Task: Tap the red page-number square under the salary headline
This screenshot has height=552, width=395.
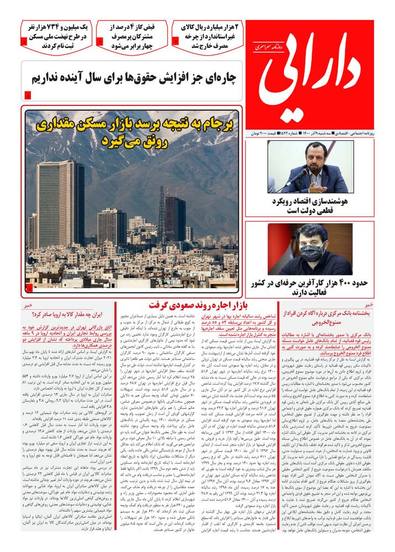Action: [28, 97]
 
